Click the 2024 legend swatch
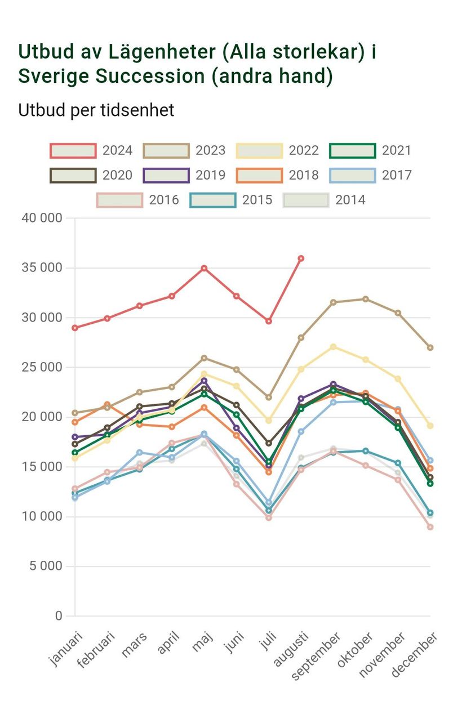click(73, 150)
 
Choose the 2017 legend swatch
click(353, 175)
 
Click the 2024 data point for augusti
click(301, 258)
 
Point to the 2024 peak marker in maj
click(204, 268)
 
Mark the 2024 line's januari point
click(75, 328)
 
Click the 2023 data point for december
click(430, 347)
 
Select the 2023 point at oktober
click(366, 299)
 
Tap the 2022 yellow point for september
click(334, 347)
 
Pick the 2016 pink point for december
click(430, 527)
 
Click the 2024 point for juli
click(269, 321)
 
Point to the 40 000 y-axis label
click(42, 218)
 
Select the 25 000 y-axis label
click(42, 367)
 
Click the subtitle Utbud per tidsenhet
click(96, 110)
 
